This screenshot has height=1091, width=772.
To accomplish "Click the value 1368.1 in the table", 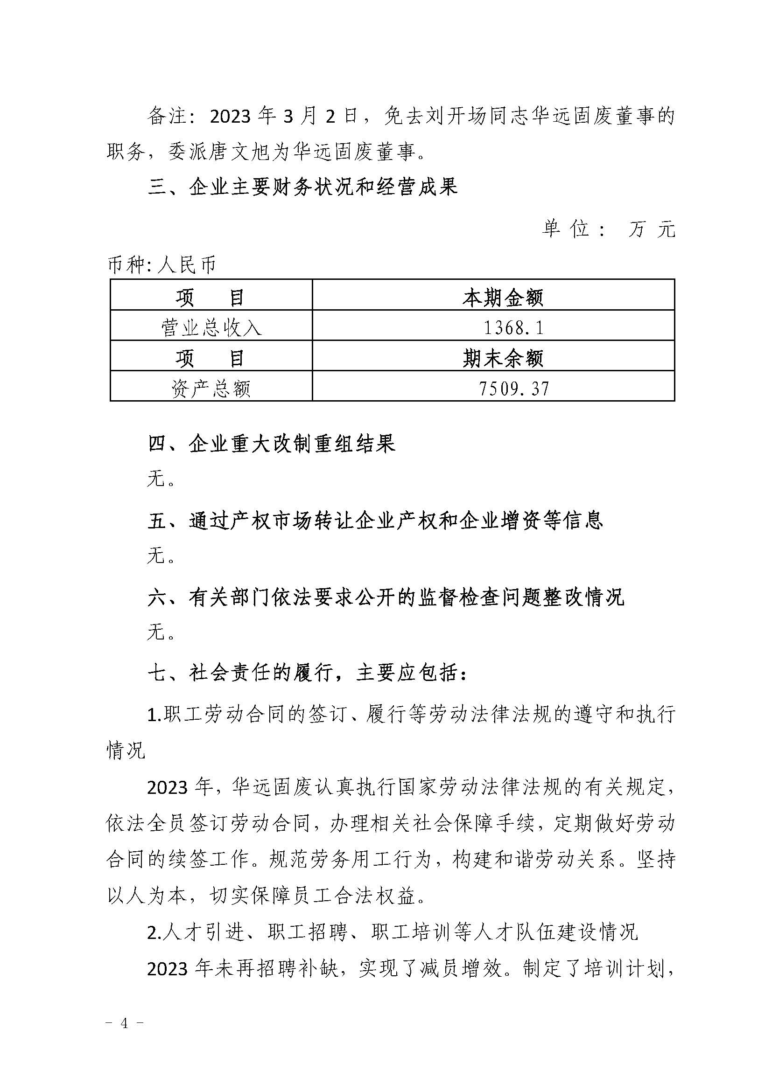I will pyautogui.click(x=513, y=327).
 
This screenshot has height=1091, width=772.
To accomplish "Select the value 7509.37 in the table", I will pyautogui.click(x=514, y=389).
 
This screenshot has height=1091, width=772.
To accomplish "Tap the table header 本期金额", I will pyautogui.click(x=503, y=298).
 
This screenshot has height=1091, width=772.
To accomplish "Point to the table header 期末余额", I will pyautogui.click(x=503, y=358).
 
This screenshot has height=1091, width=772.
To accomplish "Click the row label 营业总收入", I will pyautogui.click(x=211, y=328).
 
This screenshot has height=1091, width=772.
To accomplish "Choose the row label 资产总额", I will pyautogui.click(x=211, y=389).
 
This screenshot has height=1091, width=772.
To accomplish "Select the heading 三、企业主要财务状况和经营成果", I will pyautogui.click(x=303, y=187).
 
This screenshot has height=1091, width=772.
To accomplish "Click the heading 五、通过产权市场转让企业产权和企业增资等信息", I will pyautogui.click(x=375, y=521).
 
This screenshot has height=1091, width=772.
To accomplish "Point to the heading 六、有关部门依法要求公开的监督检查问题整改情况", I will pyautogui.click(x=386, y=598).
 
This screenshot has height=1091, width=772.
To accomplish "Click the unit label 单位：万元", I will pyautogui.click(x=609, y=229).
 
